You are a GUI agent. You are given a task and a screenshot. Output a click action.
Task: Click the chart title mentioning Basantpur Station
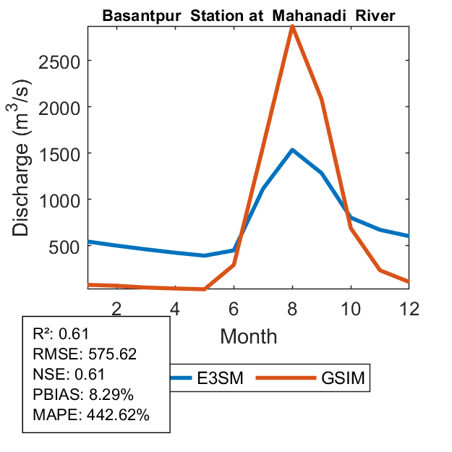[x=249, y=16]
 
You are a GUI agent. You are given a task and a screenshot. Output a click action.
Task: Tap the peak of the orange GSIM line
[x=292, y=27]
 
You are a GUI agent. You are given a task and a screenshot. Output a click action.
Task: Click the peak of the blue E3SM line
[x=292, y=150]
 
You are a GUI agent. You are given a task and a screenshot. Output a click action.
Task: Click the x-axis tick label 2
[x=116, y=308]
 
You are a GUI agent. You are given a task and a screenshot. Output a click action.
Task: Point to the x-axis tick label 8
[x=292, y=308]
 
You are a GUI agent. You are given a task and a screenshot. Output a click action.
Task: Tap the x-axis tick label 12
[x=409, y=308]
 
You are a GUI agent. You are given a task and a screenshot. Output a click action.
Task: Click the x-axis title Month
[x=248, y=336]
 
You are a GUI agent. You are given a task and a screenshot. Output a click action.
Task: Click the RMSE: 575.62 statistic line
[x=85, y=354]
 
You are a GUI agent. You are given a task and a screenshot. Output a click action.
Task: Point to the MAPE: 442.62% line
[x=91, y=415]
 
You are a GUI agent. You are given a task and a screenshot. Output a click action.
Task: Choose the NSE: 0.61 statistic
[x=69, y=375]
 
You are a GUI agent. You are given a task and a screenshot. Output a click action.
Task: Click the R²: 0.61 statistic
[x=65, y=334]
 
